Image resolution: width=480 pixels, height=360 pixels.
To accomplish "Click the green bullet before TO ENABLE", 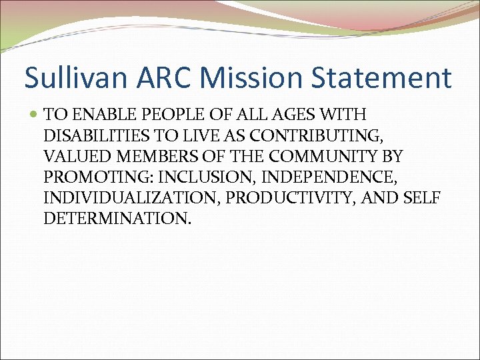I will tap(34, 115).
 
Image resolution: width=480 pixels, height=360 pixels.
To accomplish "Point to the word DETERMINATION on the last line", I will tap(117, 218).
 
